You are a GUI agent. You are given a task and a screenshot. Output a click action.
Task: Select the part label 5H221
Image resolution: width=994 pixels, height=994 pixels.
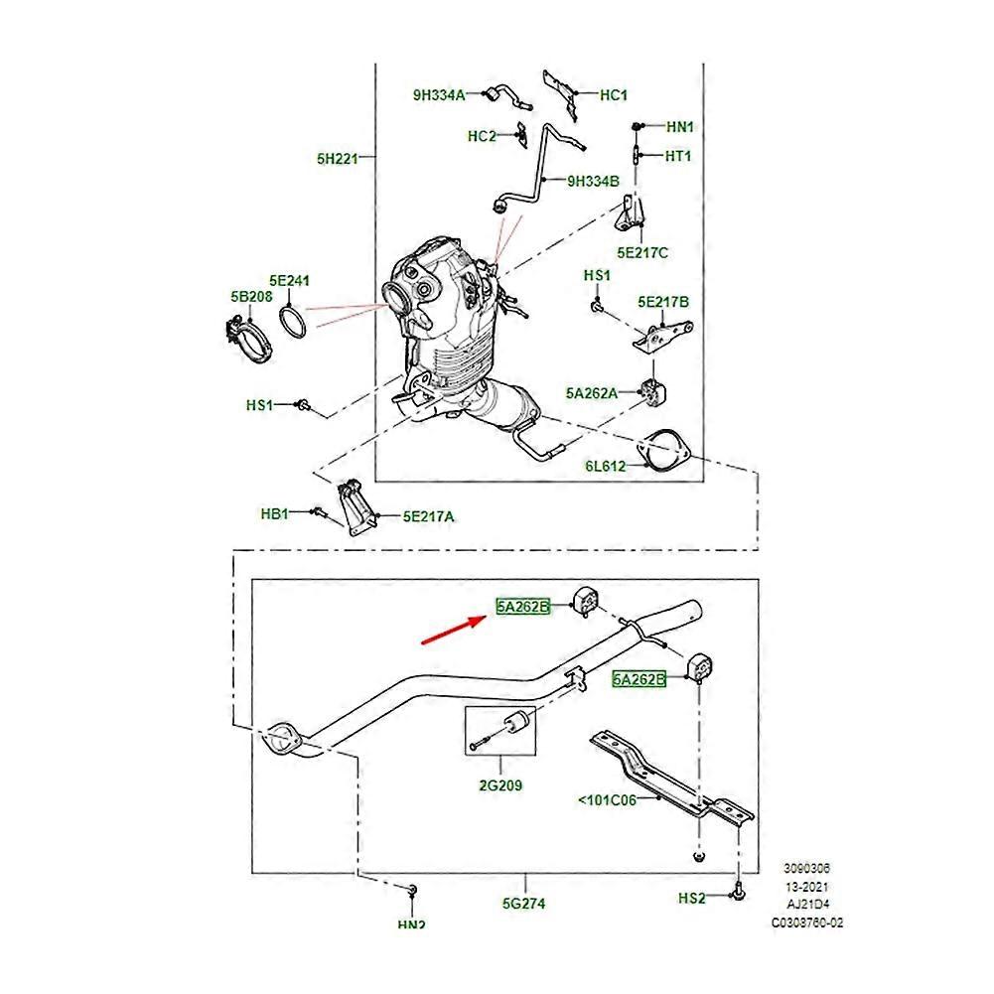337,157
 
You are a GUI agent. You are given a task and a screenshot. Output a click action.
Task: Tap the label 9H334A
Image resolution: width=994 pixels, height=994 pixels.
439,95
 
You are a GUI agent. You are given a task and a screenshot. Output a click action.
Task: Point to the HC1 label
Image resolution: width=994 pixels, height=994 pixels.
614,95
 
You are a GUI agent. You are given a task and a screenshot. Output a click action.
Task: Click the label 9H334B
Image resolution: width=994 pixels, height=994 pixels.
593,182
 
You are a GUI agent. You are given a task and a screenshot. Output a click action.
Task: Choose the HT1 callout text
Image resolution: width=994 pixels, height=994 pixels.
678,156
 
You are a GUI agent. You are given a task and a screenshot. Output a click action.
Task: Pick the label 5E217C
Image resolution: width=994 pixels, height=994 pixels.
642,253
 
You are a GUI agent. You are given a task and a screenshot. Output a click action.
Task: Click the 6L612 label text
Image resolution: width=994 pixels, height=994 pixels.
605,466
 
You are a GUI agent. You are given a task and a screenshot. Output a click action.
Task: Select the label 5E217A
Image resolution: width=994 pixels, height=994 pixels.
428,516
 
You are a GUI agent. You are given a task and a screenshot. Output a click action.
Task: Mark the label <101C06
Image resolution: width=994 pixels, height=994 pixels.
605,798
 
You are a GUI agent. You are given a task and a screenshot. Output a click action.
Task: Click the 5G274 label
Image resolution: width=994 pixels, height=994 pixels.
524,904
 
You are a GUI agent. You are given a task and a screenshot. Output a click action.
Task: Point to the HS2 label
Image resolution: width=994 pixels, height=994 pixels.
692,899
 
